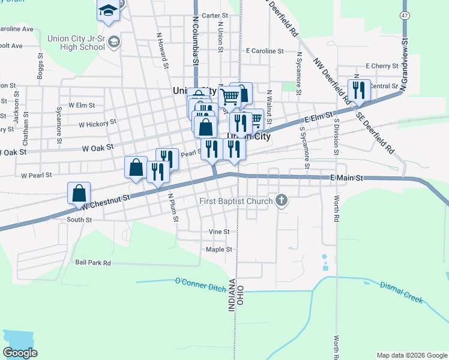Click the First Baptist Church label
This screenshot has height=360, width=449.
pyautogui.click(x=236, y=202)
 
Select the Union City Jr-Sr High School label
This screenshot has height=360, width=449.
pyautogui.click(x=76, y=43)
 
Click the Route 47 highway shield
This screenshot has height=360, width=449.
pyautogui.click(x=405, y=14)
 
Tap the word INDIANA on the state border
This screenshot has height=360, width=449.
pyautogui.click(x=232, y=294)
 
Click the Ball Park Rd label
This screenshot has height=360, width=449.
pyautogui.click(x=93, y=263)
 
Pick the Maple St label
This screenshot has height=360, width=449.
pyautogui.click(x=218, y=249)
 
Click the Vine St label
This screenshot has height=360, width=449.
pyautogui.click(x=219, y=232)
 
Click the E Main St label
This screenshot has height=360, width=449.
pyautogui.click(x=347, y=178)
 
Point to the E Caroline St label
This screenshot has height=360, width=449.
pyautogui.click(x=265, y=52)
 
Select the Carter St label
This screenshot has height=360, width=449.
pyautogui.click(x=215, y=16)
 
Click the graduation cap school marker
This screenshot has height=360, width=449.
pyautogui.click(x=108, y=10)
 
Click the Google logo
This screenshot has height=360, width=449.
pyautogui.click(x=20, y=353)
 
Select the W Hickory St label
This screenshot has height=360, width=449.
pyautogui.click(x=97, y=124)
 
